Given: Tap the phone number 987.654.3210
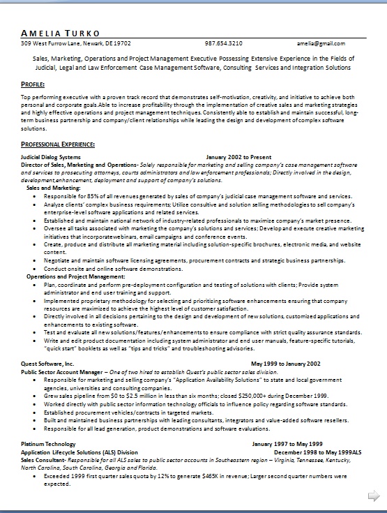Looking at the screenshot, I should coord(224,43).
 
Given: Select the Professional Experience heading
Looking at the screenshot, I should coord(59,144).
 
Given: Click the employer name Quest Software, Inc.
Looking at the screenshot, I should coord(47,364).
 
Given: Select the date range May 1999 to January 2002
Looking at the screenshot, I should coord(286,364).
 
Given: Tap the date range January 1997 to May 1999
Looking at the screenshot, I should coord(287,444).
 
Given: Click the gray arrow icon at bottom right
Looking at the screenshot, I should coord(374,494).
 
